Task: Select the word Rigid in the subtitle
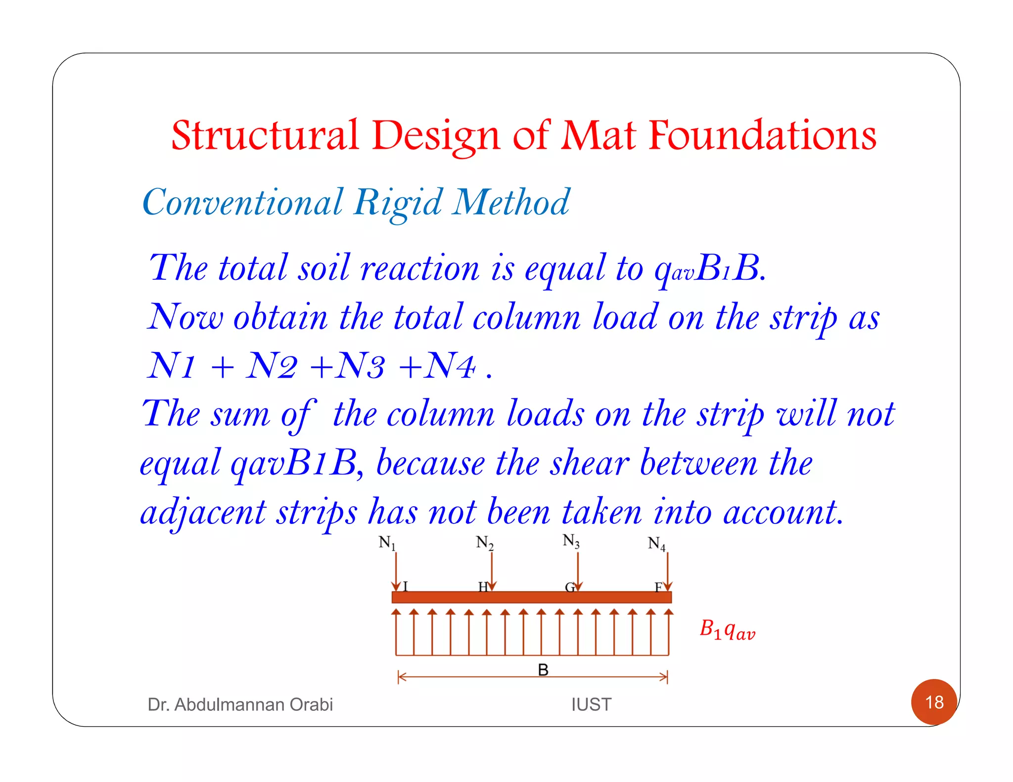click(x=398, y=203)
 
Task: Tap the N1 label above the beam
click(x=387, y=543)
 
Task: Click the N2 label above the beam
click(x=484, y=543)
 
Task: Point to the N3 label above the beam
click(x=571, y=541)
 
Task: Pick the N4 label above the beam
click(x=656, y=544)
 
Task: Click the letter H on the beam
click(x=483, y=587)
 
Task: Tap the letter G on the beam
click(x=570, y=587)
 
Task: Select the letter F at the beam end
click(x=658, y=587)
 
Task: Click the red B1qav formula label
click(x=727, y=630)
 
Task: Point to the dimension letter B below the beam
click(x=543, y=670)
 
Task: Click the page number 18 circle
click(x=934, y=702)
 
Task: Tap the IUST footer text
click(x=591, y=704)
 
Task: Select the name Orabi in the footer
click(x=311, y=704)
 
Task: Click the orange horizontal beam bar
click(x=531, y=597)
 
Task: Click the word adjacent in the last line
click(x=203, y=513)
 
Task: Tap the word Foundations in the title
click(x=762, y=135)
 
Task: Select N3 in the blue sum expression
click(x=360, y=367)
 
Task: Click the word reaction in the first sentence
click(x=420, y=268)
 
